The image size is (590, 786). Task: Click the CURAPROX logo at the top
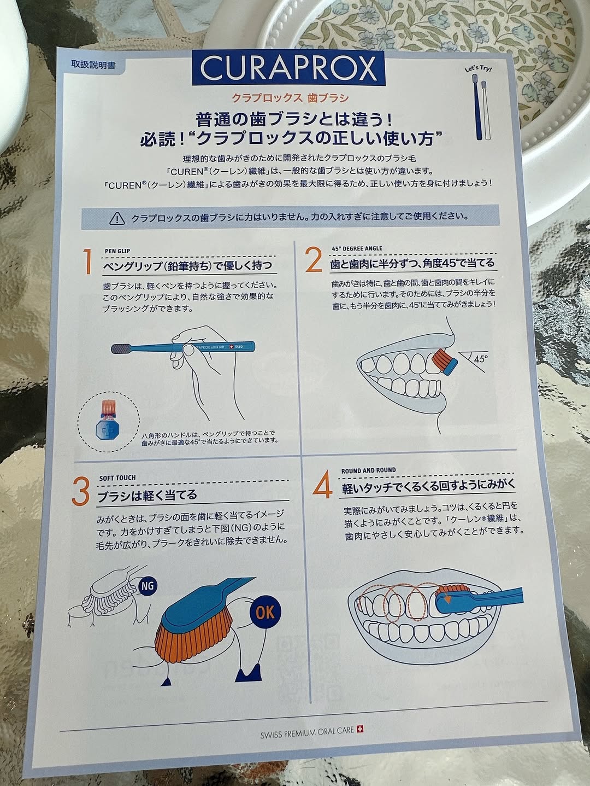tap(288, 68)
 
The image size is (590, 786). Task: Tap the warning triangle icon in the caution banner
tap(117, 218)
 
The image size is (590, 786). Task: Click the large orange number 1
tap(87, 262)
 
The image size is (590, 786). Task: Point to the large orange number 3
tap(80, 492)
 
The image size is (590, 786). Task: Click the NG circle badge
tap(147, 586)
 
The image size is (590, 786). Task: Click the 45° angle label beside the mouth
tap(481, 358)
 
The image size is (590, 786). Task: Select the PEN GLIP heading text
tap(117, 251)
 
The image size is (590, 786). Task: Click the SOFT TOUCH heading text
tap(117, 478)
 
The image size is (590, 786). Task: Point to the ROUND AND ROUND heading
tap(368, 470)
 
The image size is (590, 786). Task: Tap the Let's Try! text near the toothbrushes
tap(478, 68)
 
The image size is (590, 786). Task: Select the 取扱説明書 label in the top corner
tap(93, 65)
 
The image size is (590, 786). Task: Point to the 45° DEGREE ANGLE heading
tap(357, 248)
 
